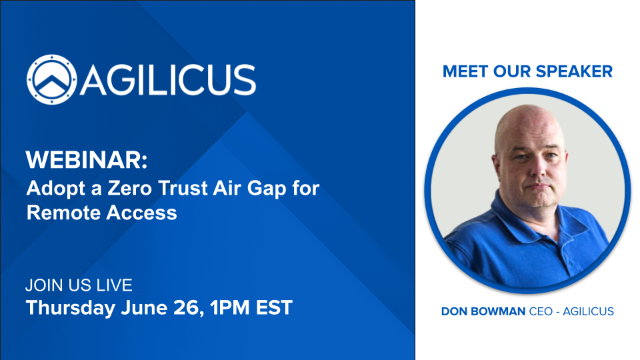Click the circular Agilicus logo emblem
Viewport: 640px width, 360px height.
(51, 79)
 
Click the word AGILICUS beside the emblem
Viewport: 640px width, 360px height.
(168, 80)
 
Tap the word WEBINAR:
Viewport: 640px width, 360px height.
(87, 159)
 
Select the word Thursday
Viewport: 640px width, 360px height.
(71, 308)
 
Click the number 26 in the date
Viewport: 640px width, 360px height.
(189, 308)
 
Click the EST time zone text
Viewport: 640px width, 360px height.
(274, 308)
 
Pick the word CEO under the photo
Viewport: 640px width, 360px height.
(541, 311)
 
